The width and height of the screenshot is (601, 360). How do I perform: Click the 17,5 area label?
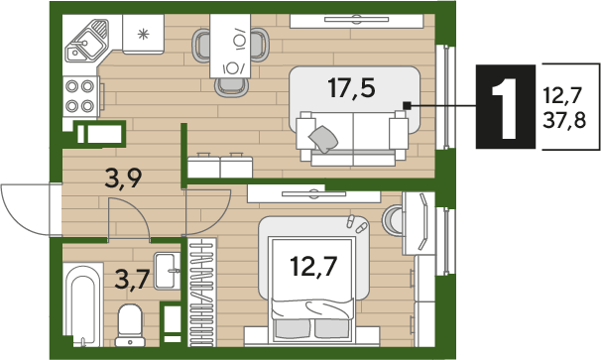click(351, 88)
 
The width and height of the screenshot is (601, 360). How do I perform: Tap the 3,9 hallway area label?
click(123, 179)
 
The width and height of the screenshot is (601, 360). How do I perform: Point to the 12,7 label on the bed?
click(313, 266)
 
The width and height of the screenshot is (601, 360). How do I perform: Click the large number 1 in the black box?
click(506, 106)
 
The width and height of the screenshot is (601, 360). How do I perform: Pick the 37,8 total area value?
click(564, 121)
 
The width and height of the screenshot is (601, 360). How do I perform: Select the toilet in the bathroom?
click(130, 325)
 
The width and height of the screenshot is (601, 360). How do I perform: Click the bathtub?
click(83, 304)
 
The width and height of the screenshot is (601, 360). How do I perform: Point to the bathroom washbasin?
click(168, 271)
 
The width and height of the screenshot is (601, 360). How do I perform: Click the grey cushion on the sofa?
click(323, 139)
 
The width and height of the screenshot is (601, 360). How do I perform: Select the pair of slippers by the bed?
click(356, 224)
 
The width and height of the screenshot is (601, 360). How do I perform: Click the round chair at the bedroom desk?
click(392, 220)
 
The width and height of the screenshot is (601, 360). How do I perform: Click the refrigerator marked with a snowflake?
click(144, 34)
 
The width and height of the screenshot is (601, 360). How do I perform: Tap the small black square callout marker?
click(407, 105)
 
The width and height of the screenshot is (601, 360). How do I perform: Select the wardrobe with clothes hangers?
click(202, 293)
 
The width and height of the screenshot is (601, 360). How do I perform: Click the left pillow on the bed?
click(293, 328)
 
